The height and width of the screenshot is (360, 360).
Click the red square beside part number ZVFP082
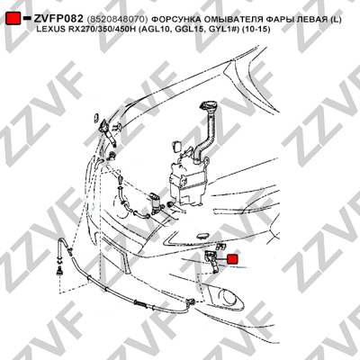tap(13, 18)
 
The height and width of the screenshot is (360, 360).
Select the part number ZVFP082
tap(58, 19)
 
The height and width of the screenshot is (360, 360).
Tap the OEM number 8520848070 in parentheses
tap(117, 20)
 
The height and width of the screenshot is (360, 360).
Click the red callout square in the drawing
tap(232, 259)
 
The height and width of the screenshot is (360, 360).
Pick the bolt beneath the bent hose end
tap(59, 272)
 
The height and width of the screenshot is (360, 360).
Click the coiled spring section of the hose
tap(141, 304)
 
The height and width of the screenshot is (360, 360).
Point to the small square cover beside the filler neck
tap(177, 146)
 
